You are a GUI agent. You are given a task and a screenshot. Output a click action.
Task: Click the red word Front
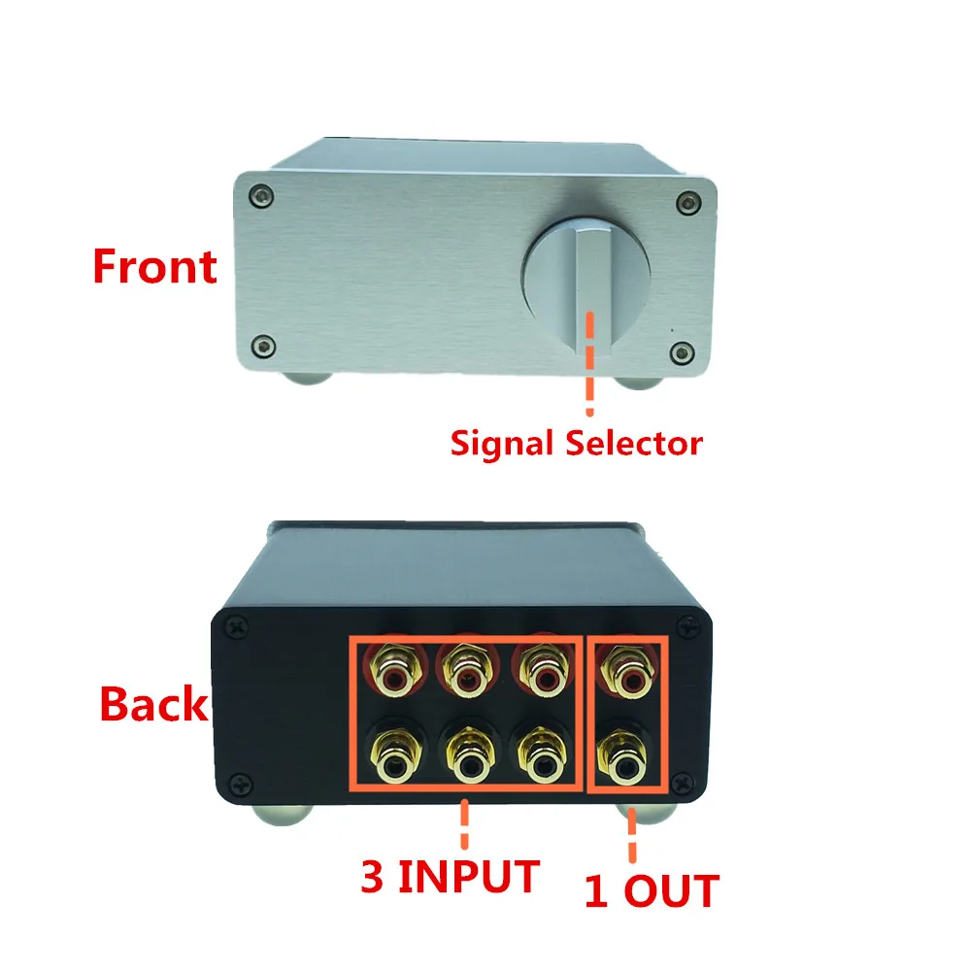point(154,266)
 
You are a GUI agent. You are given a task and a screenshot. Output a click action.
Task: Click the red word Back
point(153,704)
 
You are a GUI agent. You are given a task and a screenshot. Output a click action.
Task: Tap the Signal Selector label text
point(575,444)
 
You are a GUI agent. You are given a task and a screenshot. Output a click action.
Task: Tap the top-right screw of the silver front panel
point(688,201)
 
